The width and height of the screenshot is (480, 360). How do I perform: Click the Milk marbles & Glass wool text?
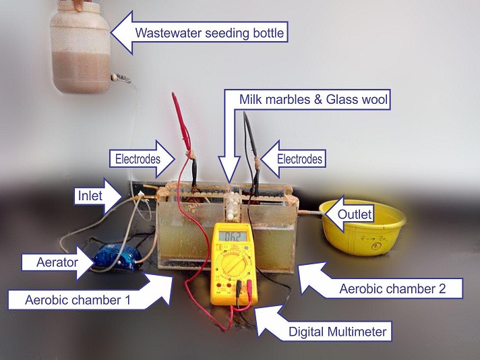click(x=315, y=100)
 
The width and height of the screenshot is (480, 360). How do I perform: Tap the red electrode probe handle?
click(x=179, y=115)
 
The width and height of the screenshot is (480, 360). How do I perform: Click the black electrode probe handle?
click(x=249, y=131)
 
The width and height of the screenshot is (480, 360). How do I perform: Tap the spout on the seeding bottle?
click(x=122, y=78)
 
